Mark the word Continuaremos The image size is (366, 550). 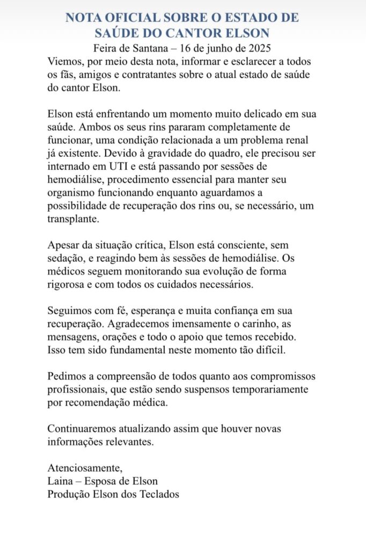tap(85, 429)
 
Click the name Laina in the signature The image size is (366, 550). tap(61, 481)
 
